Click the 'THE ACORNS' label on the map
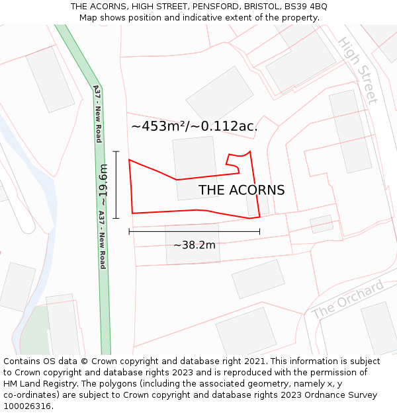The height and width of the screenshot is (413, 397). [242, 190]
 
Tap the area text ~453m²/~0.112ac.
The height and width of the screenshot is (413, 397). [195, 126]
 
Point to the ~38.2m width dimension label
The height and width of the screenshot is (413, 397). [195, 245]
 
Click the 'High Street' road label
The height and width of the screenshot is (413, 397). [358, 69]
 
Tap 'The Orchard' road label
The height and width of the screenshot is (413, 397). [347, 299]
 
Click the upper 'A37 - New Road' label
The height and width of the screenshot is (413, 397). [97, 114]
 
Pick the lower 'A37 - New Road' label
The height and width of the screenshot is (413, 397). [103, 239]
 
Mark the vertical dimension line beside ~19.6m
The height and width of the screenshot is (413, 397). [116, 185]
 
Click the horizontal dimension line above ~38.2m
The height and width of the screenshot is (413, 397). [195, 231]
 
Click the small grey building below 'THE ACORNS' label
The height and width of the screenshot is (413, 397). [257, 206]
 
